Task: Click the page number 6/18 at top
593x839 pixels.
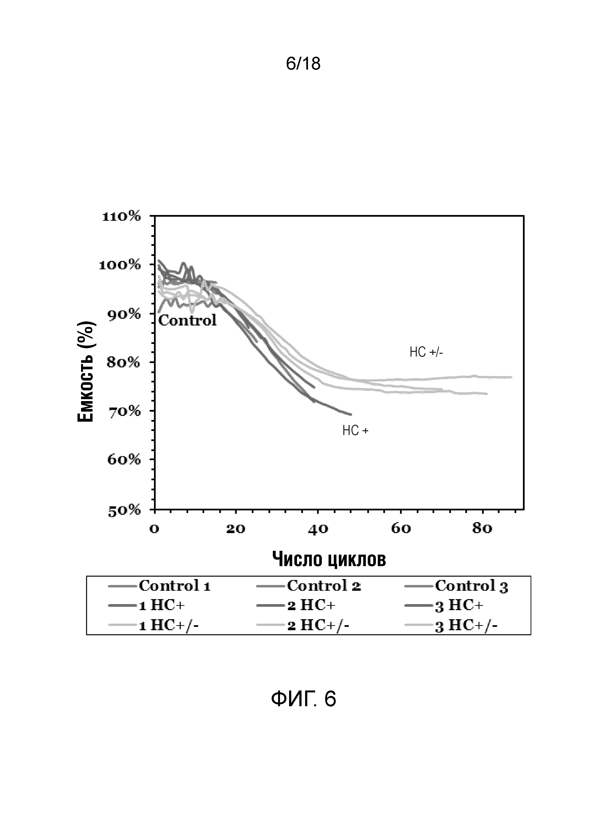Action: click(303, 64)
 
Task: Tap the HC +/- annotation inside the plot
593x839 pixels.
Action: click(426, 352)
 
